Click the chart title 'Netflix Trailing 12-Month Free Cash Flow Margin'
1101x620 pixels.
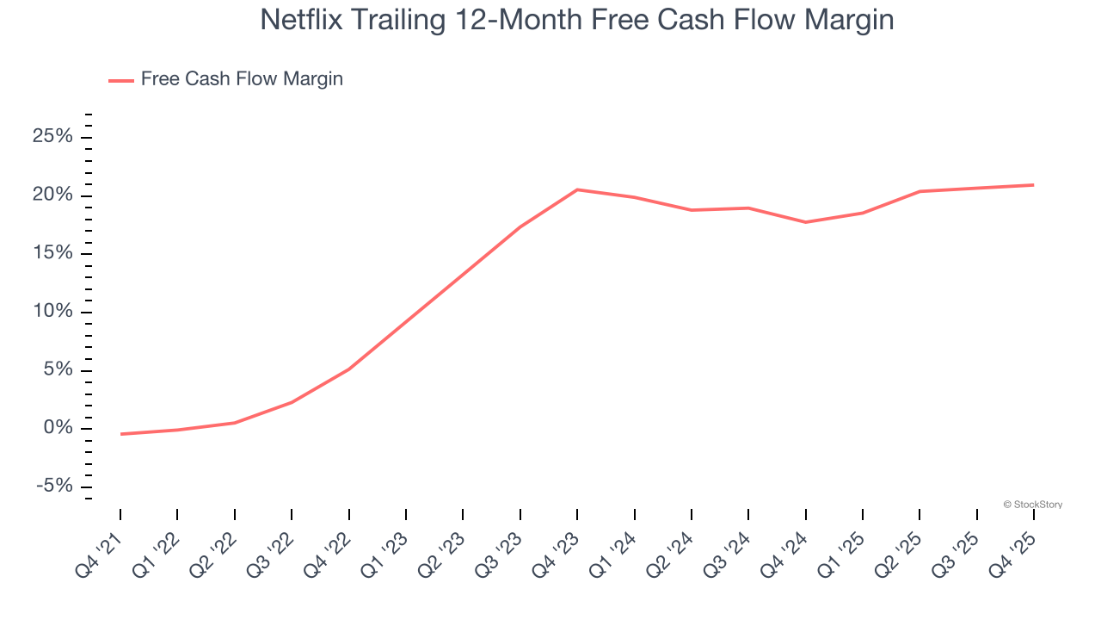(576, 20)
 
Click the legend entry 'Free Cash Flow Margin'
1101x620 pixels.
(242, 79)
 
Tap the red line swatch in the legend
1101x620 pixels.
(121, 80)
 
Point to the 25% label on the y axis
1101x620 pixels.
(52, 137)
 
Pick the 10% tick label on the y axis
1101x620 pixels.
(52, 312)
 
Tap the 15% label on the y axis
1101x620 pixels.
(52, 253)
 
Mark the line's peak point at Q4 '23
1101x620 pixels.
(577, 189)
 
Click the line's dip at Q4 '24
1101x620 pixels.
(805, 222)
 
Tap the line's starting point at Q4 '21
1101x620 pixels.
(120, 434)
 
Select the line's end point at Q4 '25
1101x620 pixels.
(1033, 185)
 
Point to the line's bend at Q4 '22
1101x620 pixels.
(348, 369)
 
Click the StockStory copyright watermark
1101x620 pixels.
(1032, 505)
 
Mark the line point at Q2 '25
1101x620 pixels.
(920, 191)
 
